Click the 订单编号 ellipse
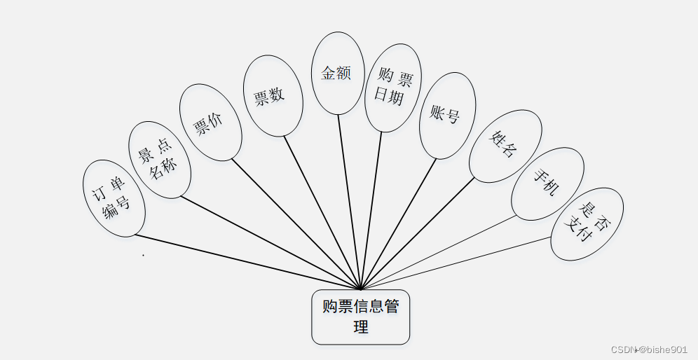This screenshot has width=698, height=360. pos(114,198)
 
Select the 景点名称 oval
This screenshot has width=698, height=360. pos(160,160)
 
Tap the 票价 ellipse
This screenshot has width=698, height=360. pos(210,123)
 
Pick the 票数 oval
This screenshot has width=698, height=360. pos(273,96)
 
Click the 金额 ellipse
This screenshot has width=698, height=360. pos(338,73)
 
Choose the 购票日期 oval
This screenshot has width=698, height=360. pos(393,88)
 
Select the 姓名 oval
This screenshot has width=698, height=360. pos(505,146)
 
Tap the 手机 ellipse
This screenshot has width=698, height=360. pos(547,184)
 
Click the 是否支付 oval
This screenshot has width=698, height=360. pos(587,223)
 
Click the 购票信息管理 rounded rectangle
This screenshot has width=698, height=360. pos(360,317)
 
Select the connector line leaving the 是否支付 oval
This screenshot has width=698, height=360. pos(456,263)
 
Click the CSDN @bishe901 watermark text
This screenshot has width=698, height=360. pos(649,349)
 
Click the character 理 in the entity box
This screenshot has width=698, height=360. pos(361,327)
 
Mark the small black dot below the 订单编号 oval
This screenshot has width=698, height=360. pos(143,255)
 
